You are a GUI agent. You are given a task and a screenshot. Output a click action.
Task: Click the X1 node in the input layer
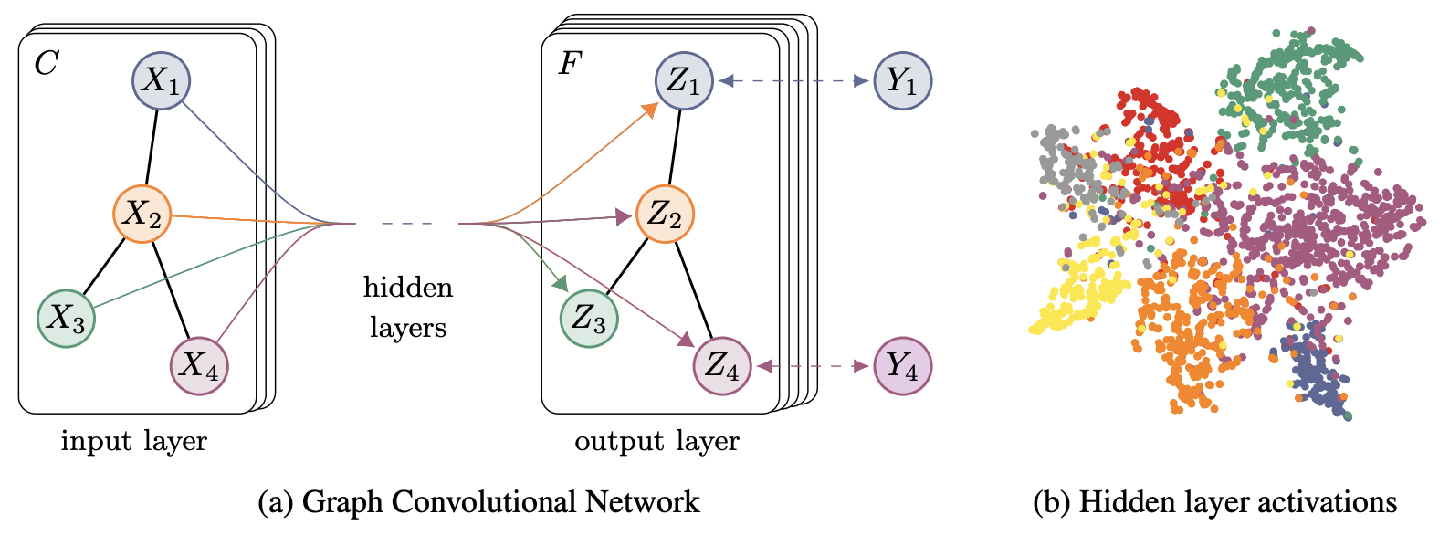click(x=162, y=80)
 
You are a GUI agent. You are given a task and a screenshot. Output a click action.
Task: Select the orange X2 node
click(x=142, y=214)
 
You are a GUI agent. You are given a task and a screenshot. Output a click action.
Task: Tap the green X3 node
click(x=66, y=318)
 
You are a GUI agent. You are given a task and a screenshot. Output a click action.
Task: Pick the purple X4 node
click(x=199, y=365)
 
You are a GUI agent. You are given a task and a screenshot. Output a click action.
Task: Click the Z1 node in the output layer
click(x=683, y=80)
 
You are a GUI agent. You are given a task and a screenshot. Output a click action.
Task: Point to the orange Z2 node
click(x=665, y=214)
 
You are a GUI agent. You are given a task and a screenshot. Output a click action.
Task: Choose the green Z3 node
click(x=589, y=319)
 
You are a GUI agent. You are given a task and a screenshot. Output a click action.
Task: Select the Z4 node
click(x=722, y=365)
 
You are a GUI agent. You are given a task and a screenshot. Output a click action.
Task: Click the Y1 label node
click(x=902, y=80)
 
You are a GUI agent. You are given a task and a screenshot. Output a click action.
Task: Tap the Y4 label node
click(x=902, y=365)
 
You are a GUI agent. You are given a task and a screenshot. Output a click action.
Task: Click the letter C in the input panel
click(x=46, y=63)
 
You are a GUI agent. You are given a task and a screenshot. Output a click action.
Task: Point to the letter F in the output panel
click(x=569, y=63)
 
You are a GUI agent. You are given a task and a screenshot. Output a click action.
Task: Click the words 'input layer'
click(x=134, y=442)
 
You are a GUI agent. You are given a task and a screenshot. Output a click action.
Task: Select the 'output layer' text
click(x=656, y=442)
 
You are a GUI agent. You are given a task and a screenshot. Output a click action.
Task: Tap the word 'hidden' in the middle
click(x=407, y=288)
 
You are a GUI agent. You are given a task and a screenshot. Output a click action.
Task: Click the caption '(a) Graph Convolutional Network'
click(x=478, y=502)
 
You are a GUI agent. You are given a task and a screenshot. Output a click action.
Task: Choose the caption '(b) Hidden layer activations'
click(x=1214, y=502)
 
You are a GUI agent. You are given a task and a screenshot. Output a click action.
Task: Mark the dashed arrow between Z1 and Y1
click(x=793, y=80)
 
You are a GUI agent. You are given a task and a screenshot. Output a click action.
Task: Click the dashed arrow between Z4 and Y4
click(x=812, y=366)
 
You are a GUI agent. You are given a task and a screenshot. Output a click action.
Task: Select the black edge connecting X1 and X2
click(x=152, y=147)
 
